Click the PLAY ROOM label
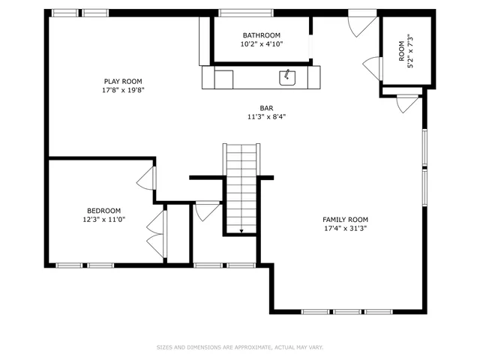click(x=122, y=81)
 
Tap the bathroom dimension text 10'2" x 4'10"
click(x=261, y=45)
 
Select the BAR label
click(x=266, y=108)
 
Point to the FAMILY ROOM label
click(x=345, y=220)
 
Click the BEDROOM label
click(x=103, y=211)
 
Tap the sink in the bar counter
click(x=286, y=76)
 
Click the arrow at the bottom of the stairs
click(x=241, y=231)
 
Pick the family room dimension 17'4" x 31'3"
click(x=345, y=229)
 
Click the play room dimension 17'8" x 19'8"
click(x=122, y=90)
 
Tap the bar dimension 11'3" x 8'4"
click(x=266, y=117)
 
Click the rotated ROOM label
click(x=401, y=50)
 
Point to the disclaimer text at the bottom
click(x=239, y=347)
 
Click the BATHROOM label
click(x=261, y=35)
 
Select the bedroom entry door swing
click(x=146, y=178)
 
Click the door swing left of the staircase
click(x=207, y=211)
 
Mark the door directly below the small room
click(x=406, y=103)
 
